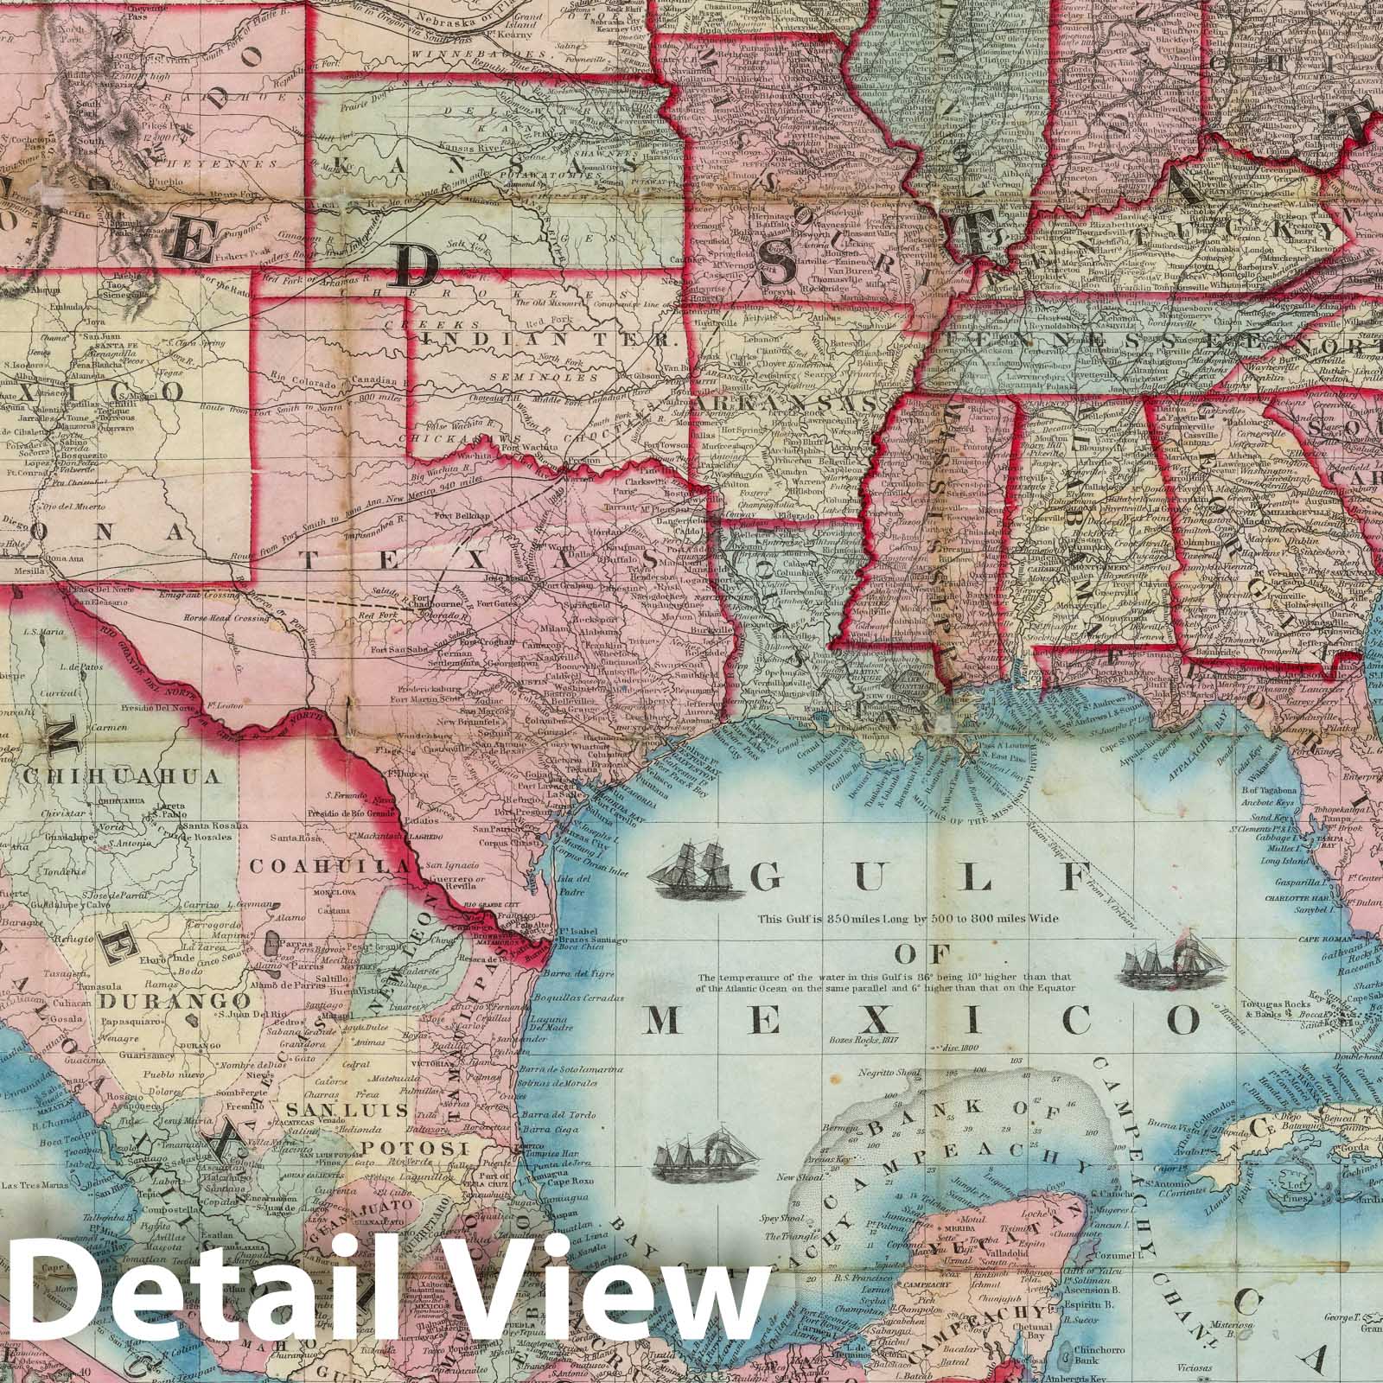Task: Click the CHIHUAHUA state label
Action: [123, 776]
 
